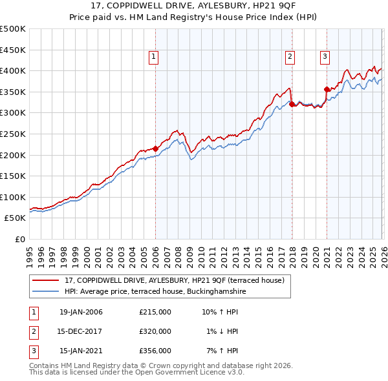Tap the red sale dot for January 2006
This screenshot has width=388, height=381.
tap(156, 148)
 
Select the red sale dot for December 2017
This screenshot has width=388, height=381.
tap(292, 103)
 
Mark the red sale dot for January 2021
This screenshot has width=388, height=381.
tap(327, 88)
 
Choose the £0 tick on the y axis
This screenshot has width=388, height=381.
tap(19, 239)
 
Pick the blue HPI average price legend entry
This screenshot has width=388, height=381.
tap(155, 292)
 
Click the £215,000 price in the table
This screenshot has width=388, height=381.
tap(155, 312)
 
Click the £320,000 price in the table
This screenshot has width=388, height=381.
tap(155, 331)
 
